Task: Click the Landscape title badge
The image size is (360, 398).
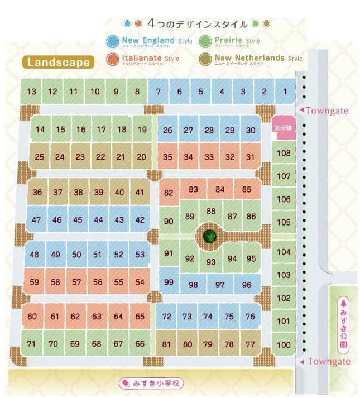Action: tap(58, 62)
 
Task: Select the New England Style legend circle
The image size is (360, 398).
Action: tap(113, 41)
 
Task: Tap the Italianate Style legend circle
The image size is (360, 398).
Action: tap(113, 59)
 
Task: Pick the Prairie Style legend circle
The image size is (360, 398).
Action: tap(205, 41)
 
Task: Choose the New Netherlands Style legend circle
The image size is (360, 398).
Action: tap(205, 59)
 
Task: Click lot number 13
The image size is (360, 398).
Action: tap(31, 92)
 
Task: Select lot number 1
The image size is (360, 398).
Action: tap(285, 92)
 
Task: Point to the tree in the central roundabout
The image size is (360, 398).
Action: tap(210, 236)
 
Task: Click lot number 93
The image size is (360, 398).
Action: tap(211, 262)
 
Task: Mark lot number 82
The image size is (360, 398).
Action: tap(169, 193)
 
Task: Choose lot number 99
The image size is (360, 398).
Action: tap(169, 282)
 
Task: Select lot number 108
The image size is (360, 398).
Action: tap(284, 153)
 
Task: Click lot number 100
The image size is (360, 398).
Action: tap(284, 344)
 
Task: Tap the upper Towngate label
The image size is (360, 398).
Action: tap(327, 111)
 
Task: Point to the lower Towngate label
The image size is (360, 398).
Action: tap(327, 362)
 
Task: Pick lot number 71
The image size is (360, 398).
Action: tap(31, 344)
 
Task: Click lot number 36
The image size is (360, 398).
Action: tap(37, 193)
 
